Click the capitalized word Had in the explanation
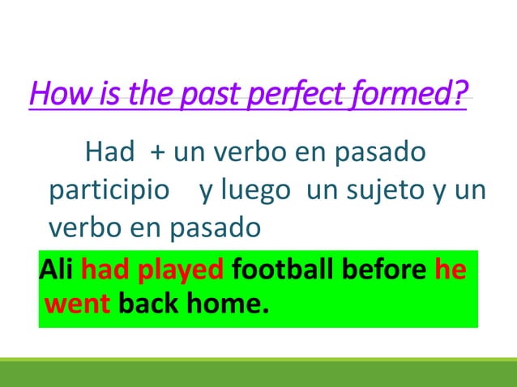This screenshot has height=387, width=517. pos(109,151)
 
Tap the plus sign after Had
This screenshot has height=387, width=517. pos(155,152)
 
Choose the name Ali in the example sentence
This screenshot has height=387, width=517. pos(55,269)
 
